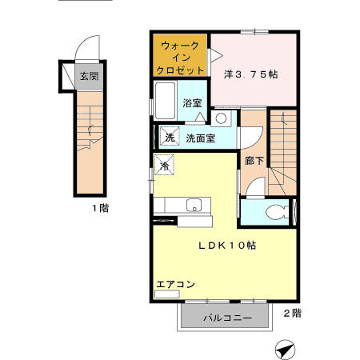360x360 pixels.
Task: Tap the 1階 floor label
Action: click(x=99, y=207)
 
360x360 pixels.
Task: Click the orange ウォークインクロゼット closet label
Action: click(x=181, y=57)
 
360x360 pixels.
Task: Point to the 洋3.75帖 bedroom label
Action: click(x=250, y=74)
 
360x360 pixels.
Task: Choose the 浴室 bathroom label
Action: click(x=192, y=103)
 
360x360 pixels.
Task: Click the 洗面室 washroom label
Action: click(x=199, y=138)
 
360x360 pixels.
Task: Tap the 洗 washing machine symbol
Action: click(x=170, y=137)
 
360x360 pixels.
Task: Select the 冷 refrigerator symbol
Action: click(x=164, y=166)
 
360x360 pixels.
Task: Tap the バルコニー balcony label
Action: click(x=227, y=318)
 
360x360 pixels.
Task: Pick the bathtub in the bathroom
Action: click(x=165, y=102)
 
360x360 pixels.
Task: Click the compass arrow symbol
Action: click(x=285, y=348)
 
